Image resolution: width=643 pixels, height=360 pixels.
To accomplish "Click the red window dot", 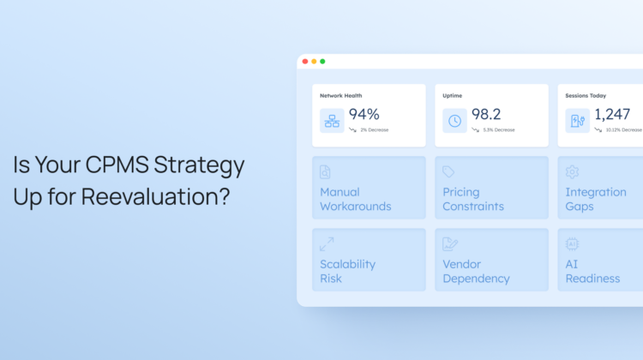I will (x=305, y=62).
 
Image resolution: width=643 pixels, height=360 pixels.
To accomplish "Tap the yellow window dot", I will (x=314, y=62).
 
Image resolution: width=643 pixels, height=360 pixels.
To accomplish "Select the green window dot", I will (x=322, y=62).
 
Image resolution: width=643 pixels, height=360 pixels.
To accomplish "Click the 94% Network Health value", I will (x=364, y=114).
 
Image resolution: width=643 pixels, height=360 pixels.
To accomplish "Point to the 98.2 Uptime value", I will (x=486, y=114).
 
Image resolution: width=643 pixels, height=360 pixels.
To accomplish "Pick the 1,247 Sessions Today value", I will (x=612, y=114).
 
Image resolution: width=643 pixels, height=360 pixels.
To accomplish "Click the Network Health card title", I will (x=340, y=95).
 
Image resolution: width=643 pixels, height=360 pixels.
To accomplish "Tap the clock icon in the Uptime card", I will (x=454, y=121).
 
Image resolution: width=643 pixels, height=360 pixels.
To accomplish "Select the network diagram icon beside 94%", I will (x=332, y=121).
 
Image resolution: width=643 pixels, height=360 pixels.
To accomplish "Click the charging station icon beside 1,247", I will (x=577, y=121).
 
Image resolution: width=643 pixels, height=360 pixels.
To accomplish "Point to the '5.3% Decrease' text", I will (x=499, y=130).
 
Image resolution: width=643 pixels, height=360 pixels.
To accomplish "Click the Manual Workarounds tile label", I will (x=355, y=199).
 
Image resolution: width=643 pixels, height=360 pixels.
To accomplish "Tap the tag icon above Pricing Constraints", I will (x=448, y=171).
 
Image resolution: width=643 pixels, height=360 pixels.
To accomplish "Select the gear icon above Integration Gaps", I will (x=572, y=171).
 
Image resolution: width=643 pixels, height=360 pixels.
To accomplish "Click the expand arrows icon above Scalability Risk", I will (x=327, y=244).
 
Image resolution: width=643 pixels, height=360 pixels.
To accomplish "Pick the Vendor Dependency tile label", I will (x=476, y=272).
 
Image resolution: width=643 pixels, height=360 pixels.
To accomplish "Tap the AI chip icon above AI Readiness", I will (x=572, y=244).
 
